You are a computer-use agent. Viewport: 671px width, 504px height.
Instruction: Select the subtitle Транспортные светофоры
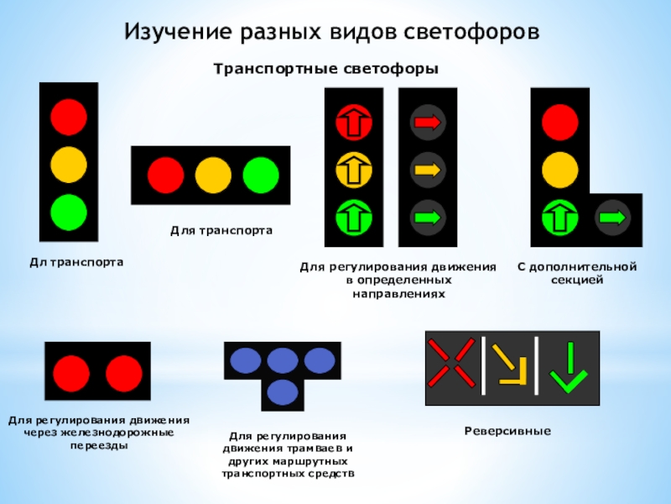326,68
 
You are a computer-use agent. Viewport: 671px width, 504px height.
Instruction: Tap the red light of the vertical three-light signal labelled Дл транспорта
69,117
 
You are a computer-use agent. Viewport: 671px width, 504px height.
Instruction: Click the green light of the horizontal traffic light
261,175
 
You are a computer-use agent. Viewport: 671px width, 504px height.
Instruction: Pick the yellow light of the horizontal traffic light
213,175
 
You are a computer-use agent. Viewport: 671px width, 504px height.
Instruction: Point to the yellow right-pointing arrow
428,171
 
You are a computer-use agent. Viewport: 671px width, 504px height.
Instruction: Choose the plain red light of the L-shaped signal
559,122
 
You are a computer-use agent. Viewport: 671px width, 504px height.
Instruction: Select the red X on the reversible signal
450,363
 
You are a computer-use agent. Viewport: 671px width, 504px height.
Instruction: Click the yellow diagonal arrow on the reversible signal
507,363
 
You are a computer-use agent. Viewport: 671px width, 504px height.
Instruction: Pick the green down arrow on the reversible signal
568,367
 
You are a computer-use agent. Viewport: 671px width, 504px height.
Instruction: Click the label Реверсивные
507,431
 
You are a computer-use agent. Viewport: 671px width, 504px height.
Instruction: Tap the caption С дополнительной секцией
577,273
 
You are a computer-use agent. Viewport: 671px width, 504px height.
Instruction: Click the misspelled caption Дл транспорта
76,263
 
